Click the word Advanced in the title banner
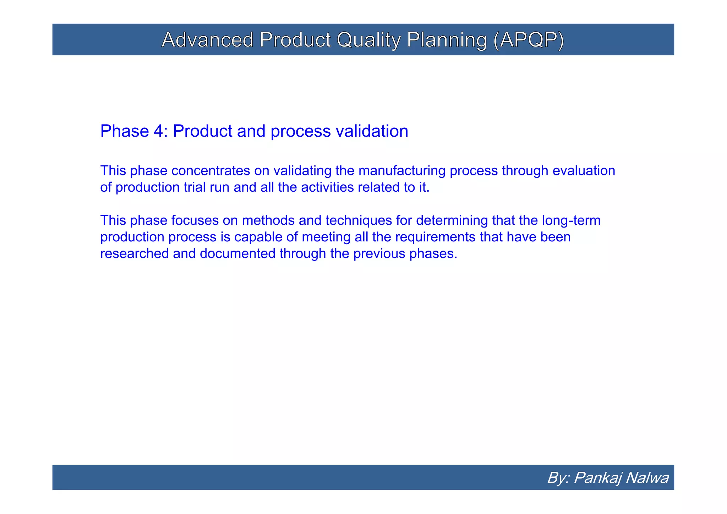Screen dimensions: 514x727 click(x=207, y=40)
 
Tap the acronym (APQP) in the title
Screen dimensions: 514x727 click(x=528, y=40)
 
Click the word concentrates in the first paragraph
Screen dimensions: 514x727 click(x=211, y=171)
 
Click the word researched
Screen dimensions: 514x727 click(x=135, y=254)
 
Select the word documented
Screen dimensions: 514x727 click(x=237, y=254)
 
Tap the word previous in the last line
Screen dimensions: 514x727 click(x=379, y=254)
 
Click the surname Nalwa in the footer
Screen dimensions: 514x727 click(x=647, y=478)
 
